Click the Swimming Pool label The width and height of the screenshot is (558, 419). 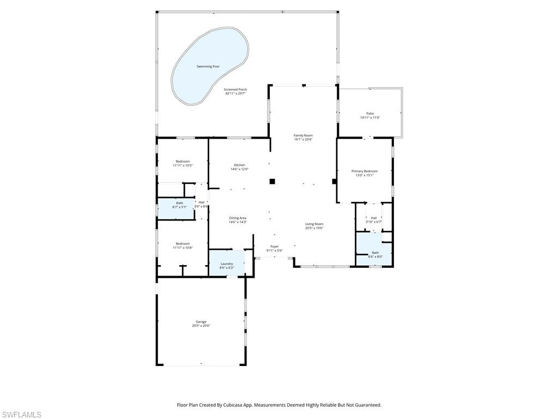click(208, 67)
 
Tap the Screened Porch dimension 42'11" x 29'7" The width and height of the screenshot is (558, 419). click(235, 93)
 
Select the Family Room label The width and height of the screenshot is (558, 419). click(303, 135)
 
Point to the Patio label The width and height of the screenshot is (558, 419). click(370, 113)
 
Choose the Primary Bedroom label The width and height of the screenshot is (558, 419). click(364, 171)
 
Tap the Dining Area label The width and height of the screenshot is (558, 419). click(238, 218)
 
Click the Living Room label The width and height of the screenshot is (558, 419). click(314, 224)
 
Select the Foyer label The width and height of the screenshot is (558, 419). click(274, 247)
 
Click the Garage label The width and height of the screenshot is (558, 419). click(201, 322)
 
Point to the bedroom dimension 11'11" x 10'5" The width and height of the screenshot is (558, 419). click(183, 165)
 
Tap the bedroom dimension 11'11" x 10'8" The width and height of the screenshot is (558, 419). click(183, 248)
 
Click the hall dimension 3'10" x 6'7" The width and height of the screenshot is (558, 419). click(373, 222)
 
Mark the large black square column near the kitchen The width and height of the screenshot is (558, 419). click(272, 182)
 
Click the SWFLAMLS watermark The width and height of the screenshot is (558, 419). click(21, 415)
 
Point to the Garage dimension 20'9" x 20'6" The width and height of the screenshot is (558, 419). click(201, 326)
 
